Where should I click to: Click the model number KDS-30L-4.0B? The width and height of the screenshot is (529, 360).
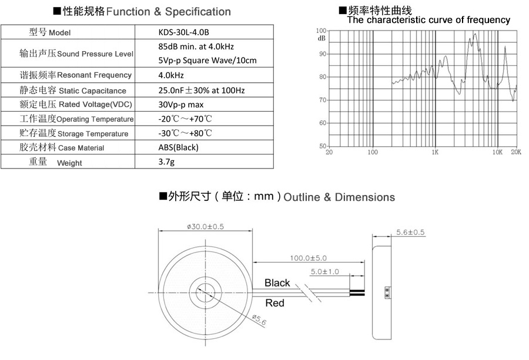click(183, 32)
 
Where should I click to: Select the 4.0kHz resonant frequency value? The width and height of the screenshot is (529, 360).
click(171, 75)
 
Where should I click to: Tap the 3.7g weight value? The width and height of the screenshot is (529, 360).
click(166, 162)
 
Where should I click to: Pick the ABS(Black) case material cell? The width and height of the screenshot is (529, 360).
click(179, 147)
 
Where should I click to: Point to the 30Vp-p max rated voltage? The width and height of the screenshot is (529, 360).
click(181, 105)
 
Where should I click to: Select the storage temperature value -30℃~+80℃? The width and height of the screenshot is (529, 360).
click(185, 133)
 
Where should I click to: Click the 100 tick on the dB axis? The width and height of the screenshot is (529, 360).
click(321, 31)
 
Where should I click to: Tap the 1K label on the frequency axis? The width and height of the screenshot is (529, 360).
click(435, 152)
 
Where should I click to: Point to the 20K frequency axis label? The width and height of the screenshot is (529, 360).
click(516, 152)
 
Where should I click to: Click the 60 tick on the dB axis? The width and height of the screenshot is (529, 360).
click(323, 123)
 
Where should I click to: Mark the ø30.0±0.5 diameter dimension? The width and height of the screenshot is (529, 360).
click(206, 227)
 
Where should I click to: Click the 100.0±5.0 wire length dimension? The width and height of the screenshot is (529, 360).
click(309, 258)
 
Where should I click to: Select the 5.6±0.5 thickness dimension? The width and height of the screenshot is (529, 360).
click(410, 232)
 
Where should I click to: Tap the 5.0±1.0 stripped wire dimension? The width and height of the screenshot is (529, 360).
click(325, 272)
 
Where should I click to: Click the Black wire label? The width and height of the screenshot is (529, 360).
click(277, 283)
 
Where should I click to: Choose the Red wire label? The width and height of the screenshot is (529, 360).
click(275, 303)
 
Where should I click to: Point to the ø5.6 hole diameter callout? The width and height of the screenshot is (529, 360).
click(259, 320)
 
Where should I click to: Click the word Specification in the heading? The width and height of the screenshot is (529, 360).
click(198, 12)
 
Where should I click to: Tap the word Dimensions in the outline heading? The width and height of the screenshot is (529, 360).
click(364, 197)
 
